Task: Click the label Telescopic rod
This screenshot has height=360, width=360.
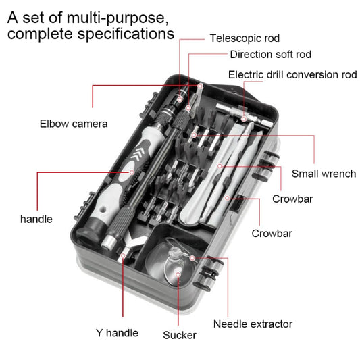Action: click(244, 38)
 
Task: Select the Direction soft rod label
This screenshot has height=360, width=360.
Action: click(270, 55)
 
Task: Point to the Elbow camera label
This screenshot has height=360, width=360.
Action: click(74, 124)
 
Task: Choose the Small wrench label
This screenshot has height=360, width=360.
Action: click(324, 174)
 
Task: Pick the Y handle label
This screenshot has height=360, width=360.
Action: click(117, 332)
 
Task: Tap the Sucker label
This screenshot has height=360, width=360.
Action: click(180, 335)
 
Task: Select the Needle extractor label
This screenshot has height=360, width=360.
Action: click(253, 324)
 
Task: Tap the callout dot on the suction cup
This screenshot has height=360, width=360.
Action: click(178, 274)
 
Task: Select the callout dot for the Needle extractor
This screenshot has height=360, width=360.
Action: click(192, 258)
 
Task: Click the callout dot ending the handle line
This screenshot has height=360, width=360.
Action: click(132, 172)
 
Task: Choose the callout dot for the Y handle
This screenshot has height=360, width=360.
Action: click(123, 257)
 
